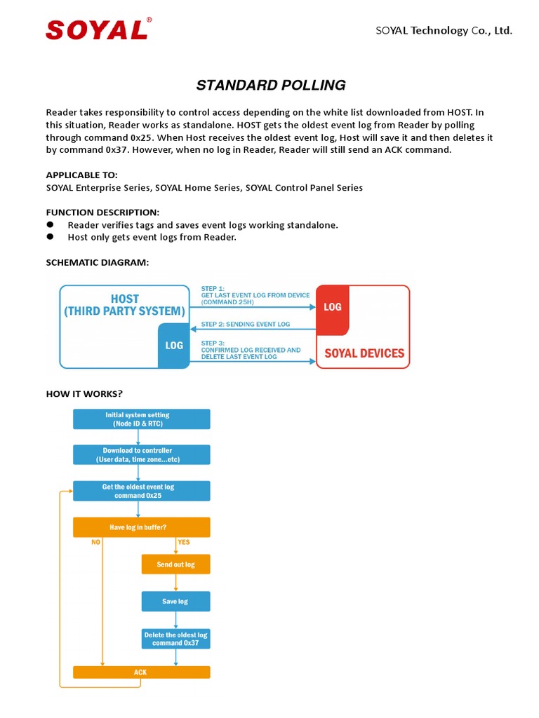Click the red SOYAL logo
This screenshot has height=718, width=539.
97,29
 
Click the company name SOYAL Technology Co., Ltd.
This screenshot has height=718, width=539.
444,30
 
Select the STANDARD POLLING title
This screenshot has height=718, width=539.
270,86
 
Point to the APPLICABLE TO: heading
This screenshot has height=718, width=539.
82,175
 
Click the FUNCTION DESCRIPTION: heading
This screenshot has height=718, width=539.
102,212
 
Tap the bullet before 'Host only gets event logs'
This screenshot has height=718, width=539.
50,237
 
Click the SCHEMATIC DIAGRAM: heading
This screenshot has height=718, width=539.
98,262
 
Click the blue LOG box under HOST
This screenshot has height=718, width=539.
173,345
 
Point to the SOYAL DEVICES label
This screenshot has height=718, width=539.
363,353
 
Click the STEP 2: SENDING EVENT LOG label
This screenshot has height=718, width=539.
246,324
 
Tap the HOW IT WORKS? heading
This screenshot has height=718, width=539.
84,393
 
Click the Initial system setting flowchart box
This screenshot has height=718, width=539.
141,419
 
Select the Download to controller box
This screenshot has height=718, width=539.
141,455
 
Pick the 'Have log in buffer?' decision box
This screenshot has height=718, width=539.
141,527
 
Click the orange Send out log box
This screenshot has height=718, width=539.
175,564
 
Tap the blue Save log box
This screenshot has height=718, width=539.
175,602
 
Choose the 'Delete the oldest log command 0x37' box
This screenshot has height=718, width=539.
175,638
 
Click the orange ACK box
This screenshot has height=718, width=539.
141,672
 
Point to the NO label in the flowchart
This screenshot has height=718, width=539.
96,542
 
